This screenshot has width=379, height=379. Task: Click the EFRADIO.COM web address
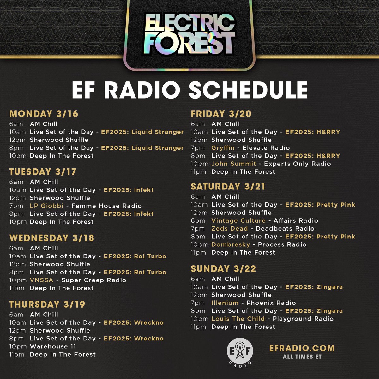click(302, 348)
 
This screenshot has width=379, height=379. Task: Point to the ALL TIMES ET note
click(302, 357)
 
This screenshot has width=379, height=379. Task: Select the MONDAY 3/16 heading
click(44, 114)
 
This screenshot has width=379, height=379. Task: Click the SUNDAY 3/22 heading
click(223, 269)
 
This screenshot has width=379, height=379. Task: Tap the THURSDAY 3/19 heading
click(47, 304)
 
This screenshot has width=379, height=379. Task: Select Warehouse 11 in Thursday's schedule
click(53, 346)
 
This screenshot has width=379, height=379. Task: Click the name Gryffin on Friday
click(223, 148)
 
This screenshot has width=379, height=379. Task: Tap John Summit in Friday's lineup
click(234, 164)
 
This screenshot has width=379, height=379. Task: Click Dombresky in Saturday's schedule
click(231, 244)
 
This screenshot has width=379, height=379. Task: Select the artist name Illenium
click(225, 303)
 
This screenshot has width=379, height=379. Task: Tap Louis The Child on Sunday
click(238, 319)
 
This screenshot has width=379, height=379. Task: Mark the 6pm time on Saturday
click(198, 221)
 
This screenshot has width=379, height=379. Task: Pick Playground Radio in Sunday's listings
click(303, 319)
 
